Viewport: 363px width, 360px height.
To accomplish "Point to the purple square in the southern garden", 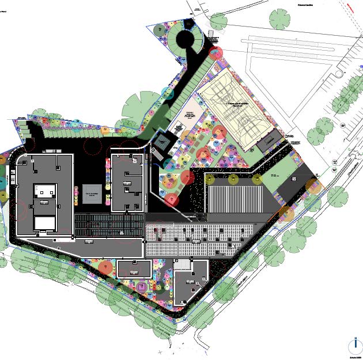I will pos(141,286).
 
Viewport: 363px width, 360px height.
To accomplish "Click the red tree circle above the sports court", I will pos(216,54).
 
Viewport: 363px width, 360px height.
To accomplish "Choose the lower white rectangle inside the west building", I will pos(45,223).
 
